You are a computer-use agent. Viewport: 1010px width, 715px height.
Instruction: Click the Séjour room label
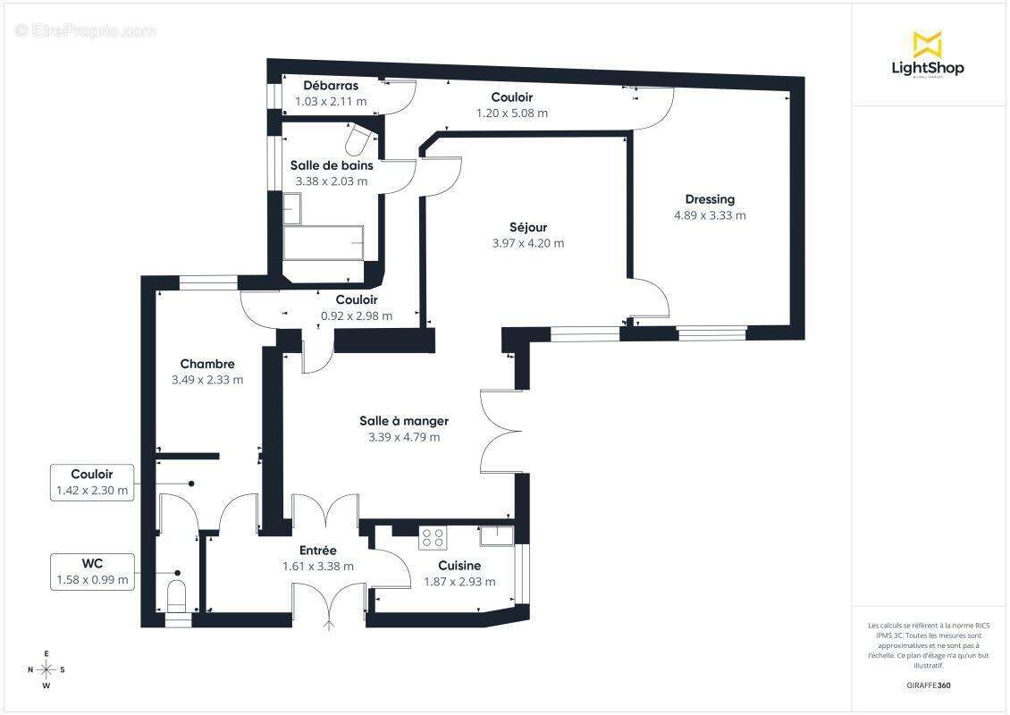(x=527, y=227)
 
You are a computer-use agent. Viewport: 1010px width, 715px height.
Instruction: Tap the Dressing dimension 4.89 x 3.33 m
(x=710, y=215)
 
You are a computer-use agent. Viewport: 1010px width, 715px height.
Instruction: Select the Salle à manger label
(x=404, y=421)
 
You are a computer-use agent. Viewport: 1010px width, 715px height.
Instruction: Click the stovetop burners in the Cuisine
(x=433, y=538)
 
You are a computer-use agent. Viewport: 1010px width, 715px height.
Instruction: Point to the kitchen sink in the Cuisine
(x=496, y=535)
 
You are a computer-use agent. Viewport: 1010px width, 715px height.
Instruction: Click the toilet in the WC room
(x=177, y=594)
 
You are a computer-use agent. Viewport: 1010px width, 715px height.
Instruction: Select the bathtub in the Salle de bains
(x=324, y=242)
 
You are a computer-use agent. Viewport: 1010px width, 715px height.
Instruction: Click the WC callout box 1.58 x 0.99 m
(x=92, y=571)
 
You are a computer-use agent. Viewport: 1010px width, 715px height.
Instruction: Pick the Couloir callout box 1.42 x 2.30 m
(x=92, y=482)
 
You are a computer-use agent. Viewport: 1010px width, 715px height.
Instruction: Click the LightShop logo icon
(x=927, y=45)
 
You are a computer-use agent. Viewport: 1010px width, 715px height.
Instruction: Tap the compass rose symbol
(x=46, y=669)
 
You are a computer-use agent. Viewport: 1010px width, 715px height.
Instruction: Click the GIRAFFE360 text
(x=928, y=686)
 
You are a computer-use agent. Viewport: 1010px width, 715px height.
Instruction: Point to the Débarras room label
(x=331, y=86)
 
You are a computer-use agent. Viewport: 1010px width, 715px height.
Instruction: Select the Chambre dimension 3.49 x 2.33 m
(x=207, y=380)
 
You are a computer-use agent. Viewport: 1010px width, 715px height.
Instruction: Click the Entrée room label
(x=317, y=551)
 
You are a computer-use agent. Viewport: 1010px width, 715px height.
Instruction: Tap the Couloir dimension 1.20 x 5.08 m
(x=511, y=114)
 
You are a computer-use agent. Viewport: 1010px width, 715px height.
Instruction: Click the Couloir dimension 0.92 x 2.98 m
(x=356, y=315)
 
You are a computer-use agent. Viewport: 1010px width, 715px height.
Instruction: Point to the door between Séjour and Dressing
(x=648, y=299)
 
